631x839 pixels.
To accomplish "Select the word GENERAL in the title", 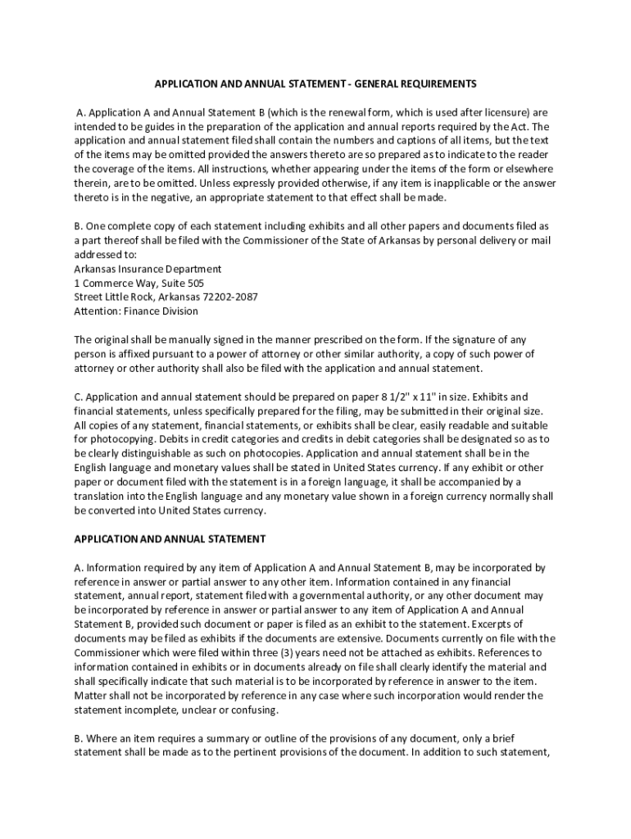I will coord(365,84).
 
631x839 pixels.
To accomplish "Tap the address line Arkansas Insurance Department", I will coord(148,269).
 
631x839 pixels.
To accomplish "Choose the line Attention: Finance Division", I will coord(136,311).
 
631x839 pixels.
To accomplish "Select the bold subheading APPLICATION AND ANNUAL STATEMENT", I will coord(170,539).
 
